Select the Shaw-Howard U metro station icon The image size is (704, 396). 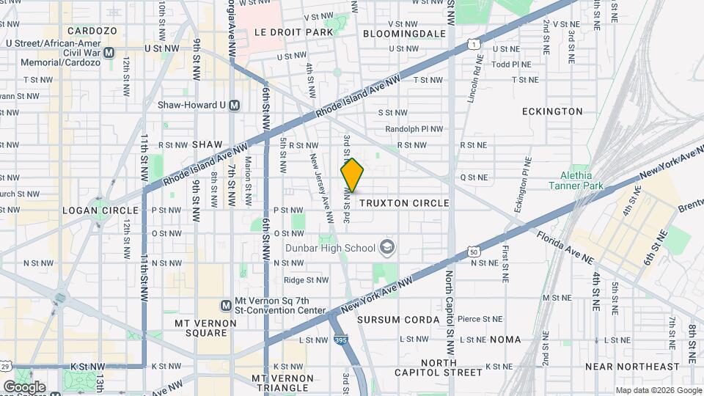pyautogui.click(x=235, y=105)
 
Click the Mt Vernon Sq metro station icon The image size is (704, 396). pyautogui.click(x=227, y=305)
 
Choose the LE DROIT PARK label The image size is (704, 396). pyautogui.click(x=283, y=32)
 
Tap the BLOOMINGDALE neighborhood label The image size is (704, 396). pyautogui.click(x=404, y=34)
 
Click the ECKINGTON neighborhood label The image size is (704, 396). pyautogui.click(x=552, y=111)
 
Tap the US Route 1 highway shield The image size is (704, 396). pyautogui.click(x=476, y=45)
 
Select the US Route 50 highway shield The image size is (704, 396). pyautogui.click(x=474, y=252)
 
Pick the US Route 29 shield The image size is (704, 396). pyautogui.click(x=5, y=366)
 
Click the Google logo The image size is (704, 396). pyautogui.click(x=24, y=386)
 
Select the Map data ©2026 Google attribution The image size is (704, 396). pyautogui.click(x=658, y=390)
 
